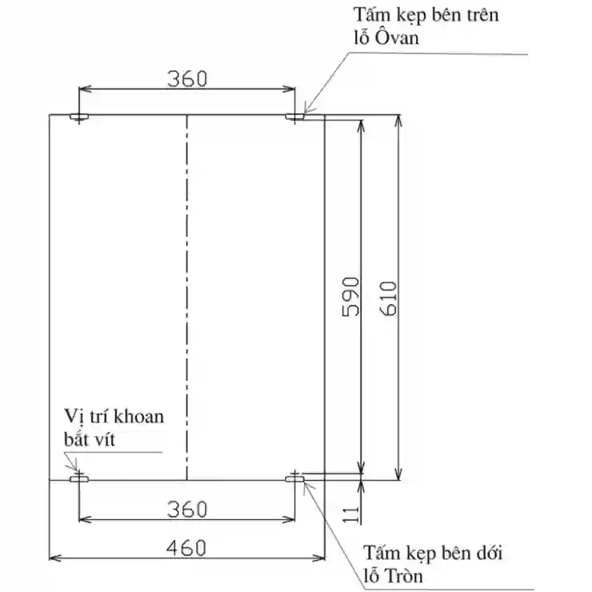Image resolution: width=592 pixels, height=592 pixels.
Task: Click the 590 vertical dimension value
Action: pos(350,297)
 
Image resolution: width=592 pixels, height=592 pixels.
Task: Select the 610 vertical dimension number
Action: pos(389,298)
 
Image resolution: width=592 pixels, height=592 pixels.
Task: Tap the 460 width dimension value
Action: pos(186,548)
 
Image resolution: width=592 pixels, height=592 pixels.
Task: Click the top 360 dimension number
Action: pos(187,79)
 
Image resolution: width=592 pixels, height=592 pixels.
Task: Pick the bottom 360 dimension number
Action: pos(187,509)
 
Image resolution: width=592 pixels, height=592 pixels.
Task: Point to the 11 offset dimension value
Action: pos(350,514)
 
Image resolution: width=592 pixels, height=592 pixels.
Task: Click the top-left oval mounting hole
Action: pos(79,117)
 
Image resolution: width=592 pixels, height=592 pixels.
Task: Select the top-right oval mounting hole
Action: pos(294,117)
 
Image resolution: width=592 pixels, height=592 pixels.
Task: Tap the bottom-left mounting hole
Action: pos(79,479)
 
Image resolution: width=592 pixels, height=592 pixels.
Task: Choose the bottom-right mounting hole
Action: pos(294,479)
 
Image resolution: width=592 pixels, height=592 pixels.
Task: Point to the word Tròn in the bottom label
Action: pos(404,576)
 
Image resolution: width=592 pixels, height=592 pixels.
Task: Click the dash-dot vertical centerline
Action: pos(187,297)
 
